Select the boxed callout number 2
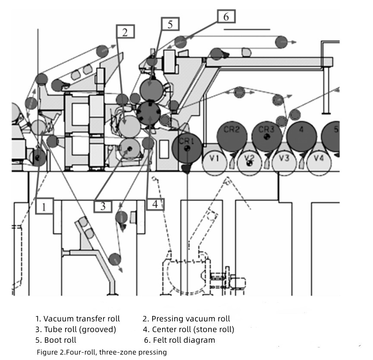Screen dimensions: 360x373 [x=125, y=32]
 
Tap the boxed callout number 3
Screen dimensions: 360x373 [x=103, y=206]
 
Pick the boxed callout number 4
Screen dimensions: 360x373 [x=155, y=204]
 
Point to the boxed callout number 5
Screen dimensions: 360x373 [x=170, y=24]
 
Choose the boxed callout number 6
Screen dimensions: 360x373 [x=226, y=16]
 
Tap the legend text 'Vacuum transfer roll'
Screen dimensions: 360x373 [x=81, y=319]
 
